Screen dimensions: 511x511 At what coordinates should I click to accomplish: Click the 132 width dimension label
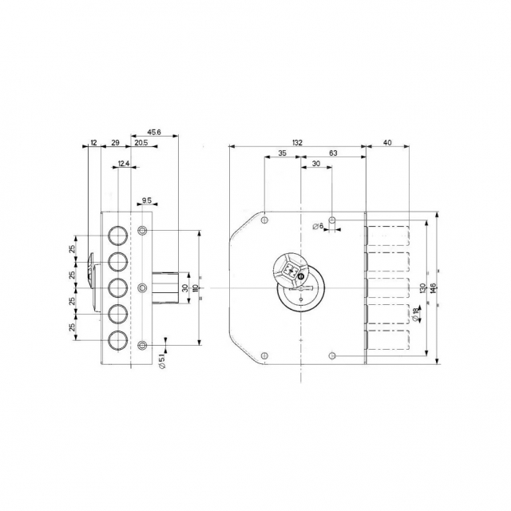tap(298, 143)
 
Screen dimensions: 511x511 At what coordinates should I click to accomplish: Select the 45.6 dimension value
tap(154, 132)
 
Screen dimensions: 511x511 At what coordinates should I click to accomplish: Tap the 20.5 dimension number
tap(141, 143)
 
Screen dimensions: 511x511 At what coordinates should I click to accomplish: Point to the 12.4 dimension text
tap(124, 164)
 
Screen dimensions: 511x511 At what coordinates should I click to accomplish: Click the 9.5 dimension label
tap(147, 200)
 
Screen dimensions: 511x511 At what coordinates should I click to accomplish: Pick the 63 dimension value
tap(333, 153)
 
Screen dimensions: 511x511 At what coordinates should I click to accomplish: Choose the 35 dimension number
tap(282, 153)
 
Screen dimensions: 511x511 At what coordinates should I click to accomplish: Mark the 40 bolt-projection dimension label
tap(387, 143)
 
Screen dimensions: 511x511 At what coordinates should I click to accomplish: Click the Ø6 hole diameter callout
tap(318, 226)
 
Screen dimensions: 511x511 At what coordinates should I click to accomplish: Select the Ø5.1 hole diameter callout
tap(163, 361)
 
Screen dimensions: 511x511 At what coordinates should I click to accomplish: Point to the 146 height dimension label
tap(433, 288)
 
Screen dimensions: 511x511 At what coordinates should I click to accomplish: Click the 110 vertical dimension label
tap(195, 288)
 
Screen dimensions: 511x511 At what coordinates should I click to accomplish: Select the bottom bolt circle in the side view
tap(117, 341)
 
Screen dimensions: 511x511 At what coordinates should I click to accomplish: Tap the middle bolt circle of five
tap(117, 287)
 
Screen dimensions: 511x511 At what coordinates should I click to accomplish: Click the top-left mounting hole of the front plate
tap(264, 220)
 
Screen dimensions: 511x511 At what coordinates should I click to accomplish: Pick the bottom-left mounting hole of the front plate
tap(264, 355)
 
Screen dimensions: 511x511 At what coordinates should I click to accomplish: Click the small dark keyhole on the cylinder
tap(301, 277)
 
